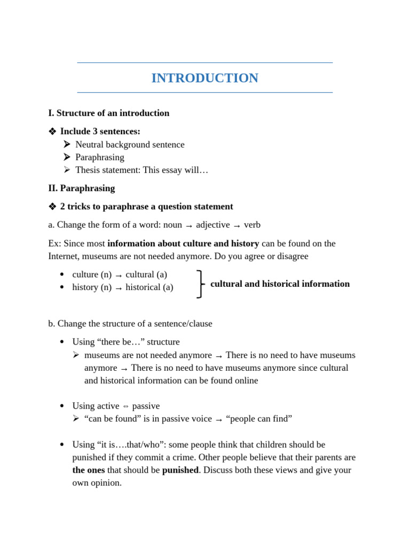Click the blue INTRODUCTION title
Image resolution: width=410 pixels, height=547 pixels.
click(204, 78)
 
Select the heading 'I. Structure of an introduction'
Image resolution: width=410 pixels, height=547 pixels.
click(108, 113)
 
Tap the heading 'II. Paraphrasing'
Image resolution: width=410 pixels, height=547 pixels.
click(81, 188)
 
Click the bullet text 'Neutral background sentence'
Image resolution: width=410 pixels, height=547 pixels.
click(130, 144)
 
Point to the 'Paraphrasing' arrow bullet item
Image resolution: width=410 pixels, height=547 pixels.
click(100, 157)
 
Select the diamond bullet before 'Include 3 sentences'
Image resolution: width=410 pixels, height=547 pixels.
click(52, 131)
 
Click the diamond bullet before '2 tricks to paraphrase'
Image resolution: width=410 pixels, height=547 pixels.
click(52, 207)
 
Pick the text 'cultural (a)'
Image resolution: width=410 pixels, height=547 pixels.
click(146, 275)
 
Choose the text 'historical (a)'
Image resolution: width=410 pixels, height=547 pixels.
click(149, 287)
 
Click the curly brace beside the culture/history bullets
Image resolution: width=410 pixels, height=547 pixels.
click(200, 284)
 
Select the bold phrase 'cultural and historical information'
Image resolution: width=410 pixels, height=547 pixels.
click(280, 284)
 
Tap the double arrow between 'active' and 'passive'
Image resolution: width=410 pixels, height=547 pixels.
click(125, 407)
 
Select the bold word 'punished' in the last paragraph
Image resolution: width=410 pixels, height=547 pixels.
click(180, 470)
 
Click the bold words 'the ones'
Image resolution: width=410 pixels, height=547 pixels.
click(88, 470)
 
